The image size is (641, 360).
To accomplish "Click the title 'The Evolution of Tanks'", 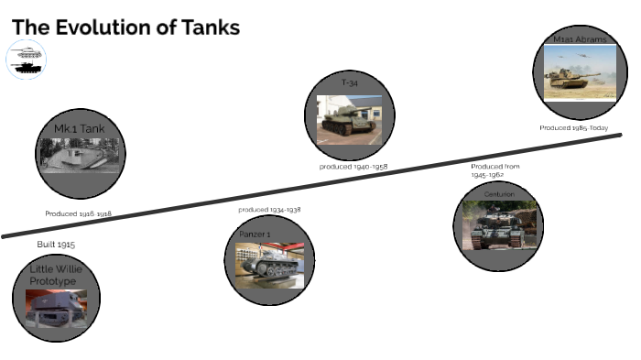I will pyautogui.click(x=125, y=27).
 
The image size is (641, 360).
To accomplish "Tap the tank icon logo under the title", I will pyautogui.click(x=27, y=60).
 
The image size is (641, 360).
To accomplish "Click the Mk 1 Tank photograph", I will pyautogui.click(x=81, y=155).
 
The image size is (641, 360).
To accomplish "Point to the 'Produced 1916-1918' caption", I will pyautogui.click(x=78, y=213).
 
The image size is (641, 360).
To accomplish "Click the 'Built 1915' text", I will pyautogui.click(x=56, y=245).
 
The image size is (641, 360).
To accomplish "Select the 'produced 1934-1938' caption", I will pyautogui.click(x=269, y=210).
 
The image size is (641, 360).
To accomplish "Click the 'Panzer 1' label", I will pyautogui.click(x=255, y=235).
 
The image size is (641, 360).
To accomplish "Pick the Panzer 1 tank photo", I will pyautogui.click(x=269, y=265).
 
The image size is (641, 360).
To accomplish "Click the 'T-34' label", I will pyautogui.click(x=349, y=83).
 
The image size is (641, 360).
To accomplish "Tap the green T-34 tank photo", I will pyautogui.click(x=348, y=119).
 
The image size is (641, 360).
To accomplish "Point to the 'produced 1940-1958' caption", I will pyautogui.click(x=353, y=167).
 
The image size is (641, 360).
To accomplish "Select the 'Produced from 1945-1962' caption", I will pyautogui.click(x=494, y=169).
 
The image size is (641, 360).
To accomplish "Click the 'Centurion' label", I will pyautogui.click(x=499, y=194).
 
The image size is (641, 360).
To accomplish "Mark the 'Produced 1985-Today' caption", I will pyautogui.click(x=573, y=128).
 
